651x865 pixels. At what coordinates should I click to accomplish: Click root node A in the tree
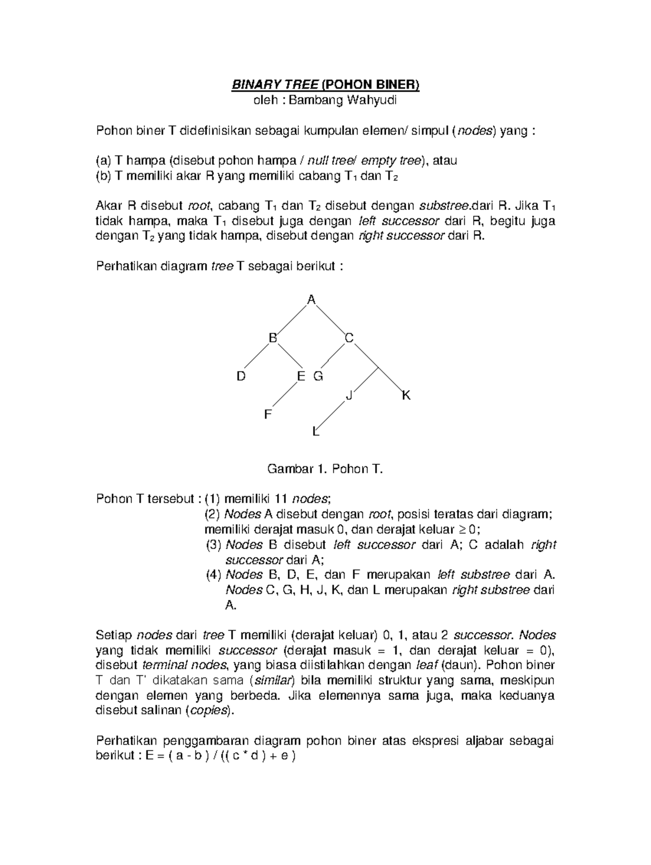coord(311,299)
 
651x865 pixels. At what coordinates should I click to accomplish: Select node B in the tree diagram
coord(272,338)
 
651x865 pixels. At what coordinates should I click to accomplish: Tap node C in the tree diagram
coord(349,338)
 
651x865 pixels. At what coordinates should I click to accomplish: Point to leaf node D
coord(241,376)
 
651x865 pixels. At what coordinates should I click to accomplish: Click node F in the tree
coord(267,415)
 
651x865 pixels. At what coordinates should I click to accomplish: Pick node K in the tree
coord(406,395)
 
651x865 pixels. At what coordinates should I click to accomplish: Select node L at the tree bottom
coord(315,432)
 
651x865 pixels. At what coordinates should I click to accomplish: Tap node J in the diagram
coord(349,396)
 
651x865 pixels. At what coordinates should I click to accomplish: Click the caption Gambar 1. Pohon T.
coord(325,469)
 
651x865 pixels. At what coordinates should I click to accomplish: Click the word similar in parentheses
coord(274,680)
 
